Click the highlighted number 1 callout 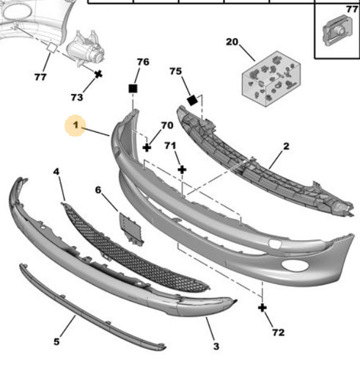pos(76,126)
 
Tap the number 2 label pos(286,146)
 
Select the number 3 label pos(216,346)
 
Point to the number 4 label pos(56,172)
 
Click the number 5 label pos(56,341)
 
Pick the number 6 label pos(98,189)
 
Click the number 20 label pos(232,42)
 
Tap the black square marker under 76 pos(133,89)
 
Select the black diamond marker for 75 pos(192,101)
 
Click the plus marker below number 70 pos(147,148)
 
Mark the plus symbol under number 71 pos(182,170)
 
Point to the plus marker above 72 pos(262,308)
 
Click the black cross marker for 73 pos(98,74)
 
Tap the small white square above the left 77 pos(52,48)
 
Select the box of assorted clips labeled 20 pos(271,79)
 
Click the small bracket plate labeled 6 pos(131,229)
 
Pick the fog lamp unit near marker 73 pos(86,48)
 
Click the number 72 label pos(279,333)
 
